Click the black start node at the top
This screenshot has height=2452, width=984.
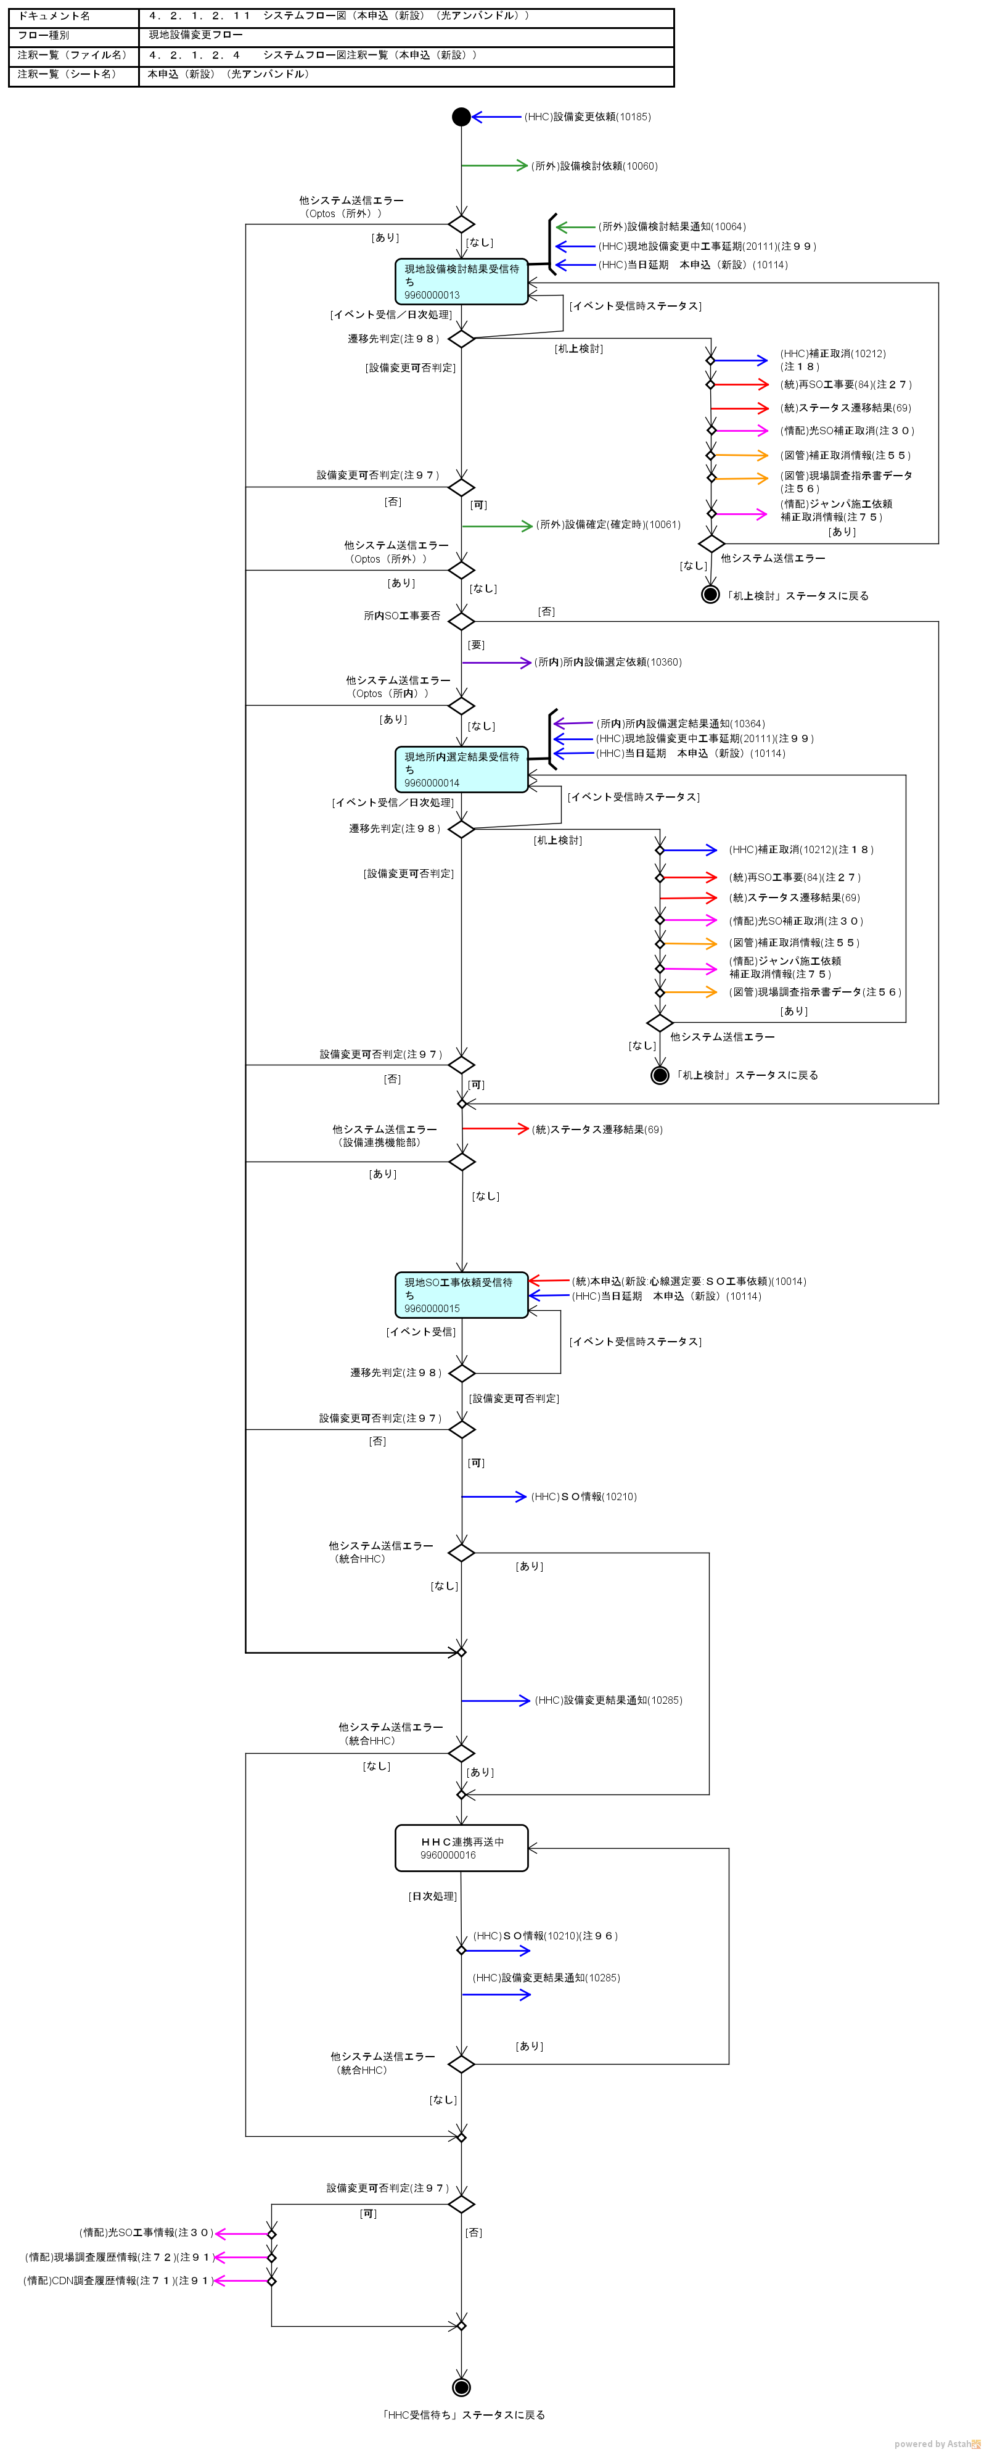[462, 117]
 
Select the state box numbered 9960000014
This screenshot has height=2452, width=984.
[462, 769]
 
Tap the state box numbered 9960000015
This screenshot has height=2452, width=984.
[462, 1295]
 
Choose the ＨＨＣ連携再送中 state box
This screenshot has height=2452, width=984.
[462, 1847]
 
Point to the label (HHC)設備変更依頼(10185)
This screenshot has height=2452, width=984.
[587, 117]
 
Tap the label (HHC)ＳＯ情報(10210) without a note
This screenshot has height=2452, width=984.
[583, 1496]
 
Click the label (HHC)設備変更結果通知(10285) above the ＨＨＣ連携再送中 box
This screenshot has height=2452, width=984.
[608, 1700]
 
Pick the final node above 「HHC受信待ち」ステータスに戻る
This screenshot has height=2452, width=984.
[462, 2387]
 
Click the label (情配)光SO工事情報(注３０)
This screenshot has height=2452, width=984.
[146, 2232]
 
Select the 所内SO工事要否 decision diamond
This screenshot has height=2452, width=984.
[462, 622]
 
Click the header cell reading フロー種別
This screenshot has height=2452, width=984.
[44, 35]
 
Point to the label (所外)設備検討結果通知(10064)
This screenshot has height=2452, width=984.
[672, 226]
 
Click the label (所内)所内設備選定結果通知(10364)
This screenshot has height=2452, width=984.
[681, 724]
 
